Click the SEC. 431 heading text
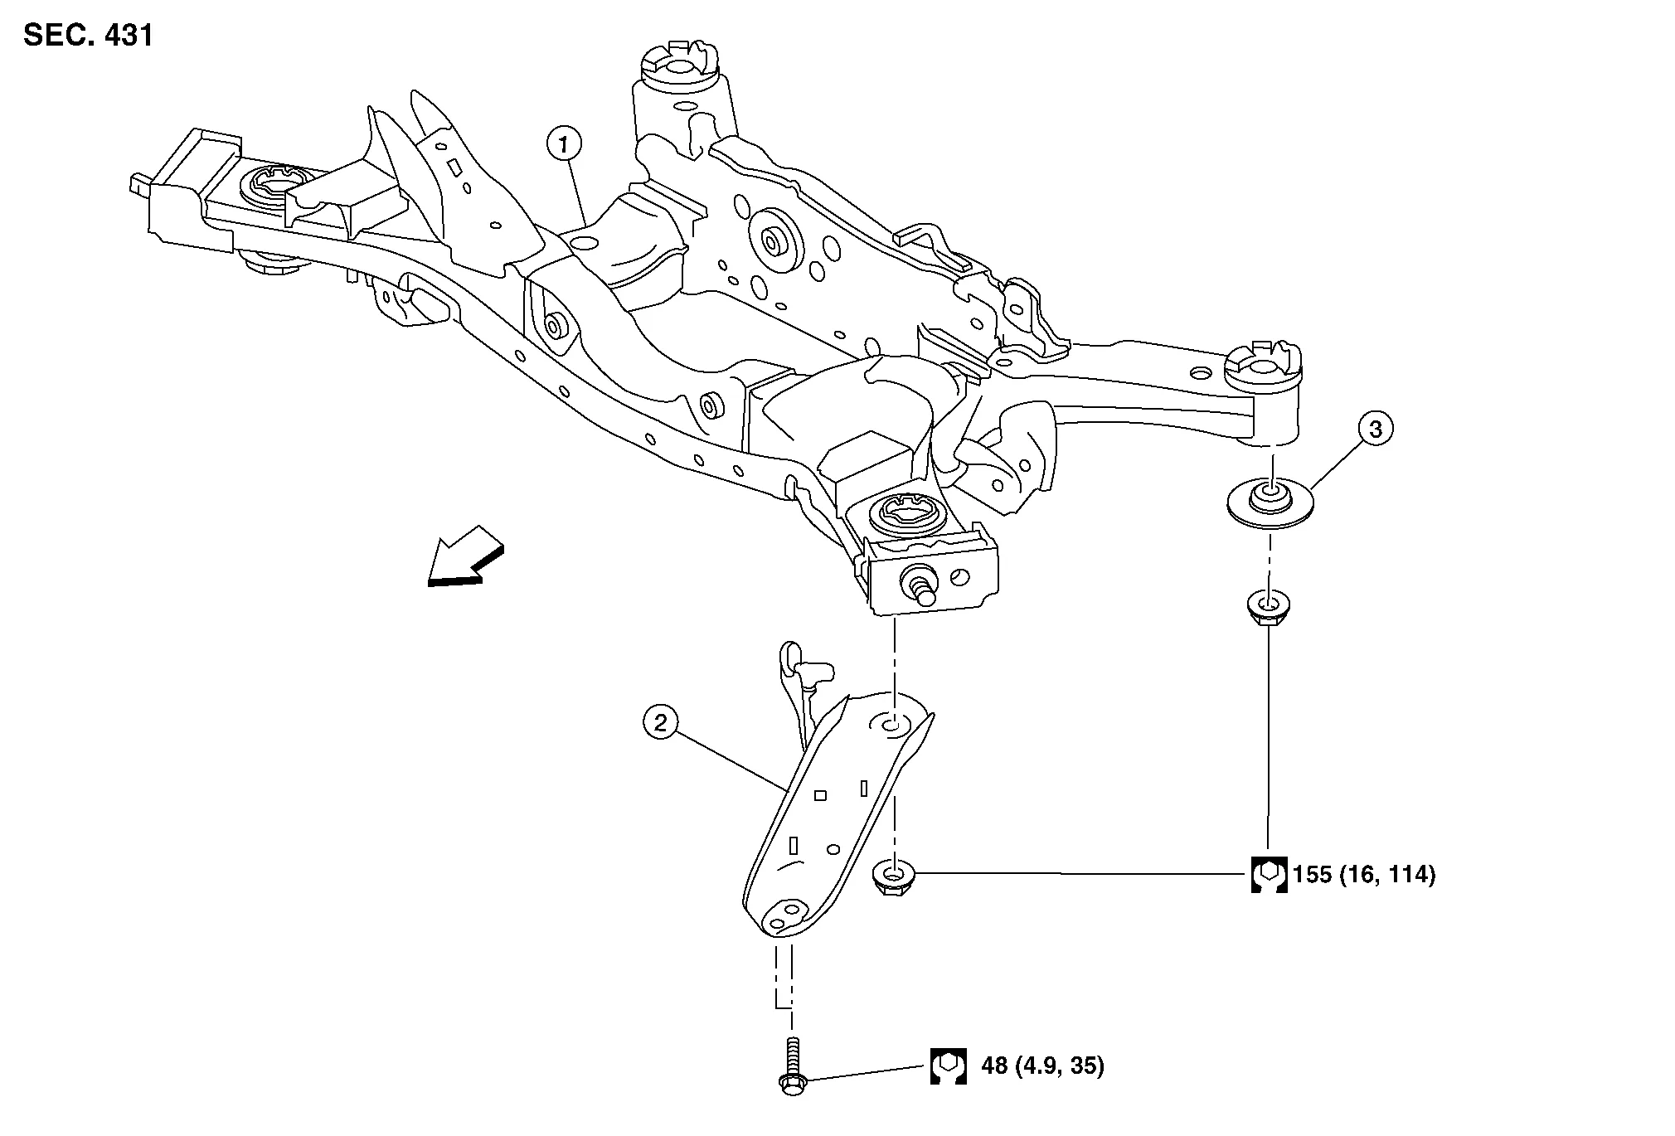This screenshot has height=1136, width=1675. coord(88,36)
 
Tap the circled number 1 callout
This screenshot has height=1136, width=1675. coord(564,145)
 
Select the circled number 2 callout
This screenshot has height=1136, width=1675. coord(660,723)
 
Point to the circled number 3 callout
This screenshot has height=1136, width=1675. coord(1376,429)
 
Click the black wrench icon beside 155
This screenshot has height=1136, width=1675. coord(1269,874)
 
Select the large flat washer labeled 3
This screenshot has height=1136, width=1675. coord(1270,502)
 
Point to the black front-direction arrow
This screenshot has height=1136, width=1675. coord(464,557)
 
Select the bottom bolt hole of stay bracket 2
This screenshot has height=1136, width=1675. coord(779,922)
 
